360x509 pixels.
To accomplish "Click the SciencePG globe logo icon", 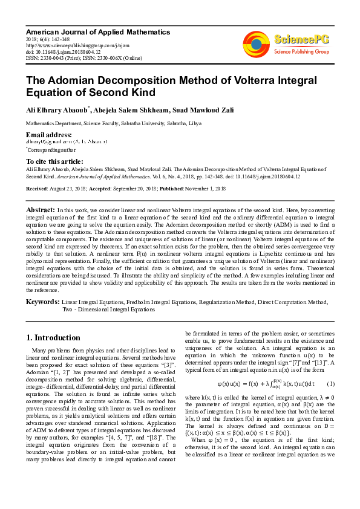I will (256, 44).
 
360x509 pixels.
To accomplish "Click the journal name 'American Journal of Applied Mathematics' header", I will (97, 32).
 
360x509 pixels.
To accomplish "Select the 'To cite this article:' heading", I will (54, 161).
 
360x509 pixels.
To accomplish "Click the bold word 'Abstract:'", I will (41, 209).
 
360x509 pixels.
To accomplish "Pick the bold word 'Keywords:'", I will (42, 301).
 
